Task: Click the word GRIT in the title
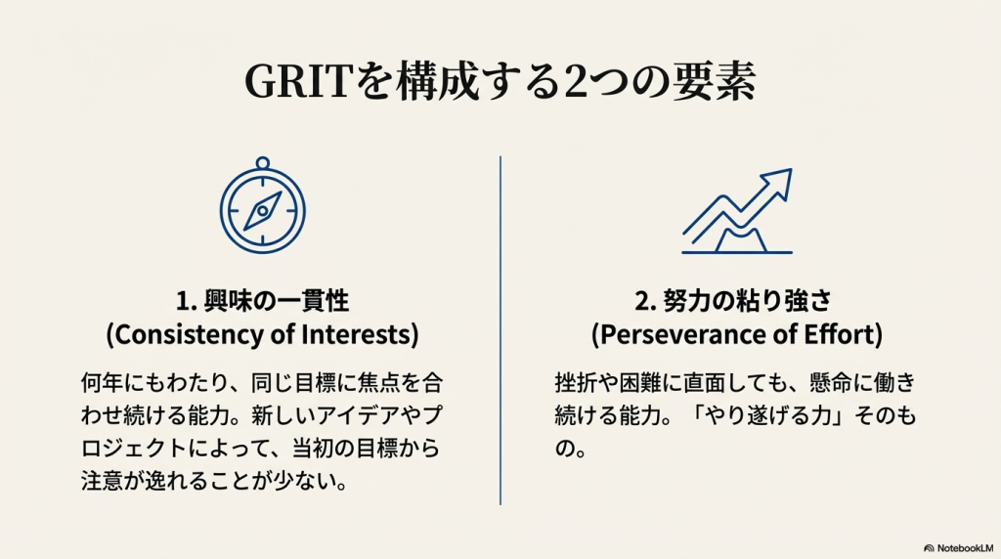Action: coord(298,81)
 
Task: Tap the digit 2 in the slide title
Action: coord(577,82)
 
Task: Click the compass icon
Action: coord(262,205)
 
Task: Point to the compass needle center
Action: coord(262,210)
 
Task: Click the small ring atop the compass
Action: coord(262,163)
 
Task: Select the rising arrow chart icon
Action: coord(737,211)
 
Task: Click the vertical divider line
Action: coord(500,330)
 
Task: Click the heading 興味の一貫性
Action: coord(277,301)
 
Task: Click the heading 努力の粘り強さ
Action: coord(748,301)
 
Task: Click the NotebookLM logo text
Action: coord(965,548)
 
